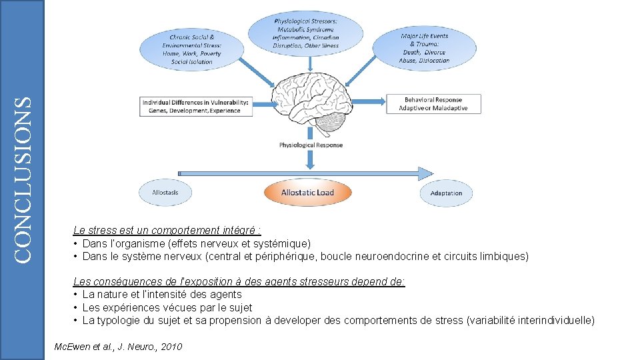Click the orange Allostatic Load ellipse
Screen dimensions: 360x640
(x=307, y=193)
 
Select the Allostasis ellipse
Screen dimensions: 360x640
(x=165, y=193)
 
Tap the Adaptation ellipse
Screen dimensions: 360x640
(x=446, y=193)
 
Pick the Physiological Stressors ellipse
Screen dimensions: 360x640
(x=305, y=33)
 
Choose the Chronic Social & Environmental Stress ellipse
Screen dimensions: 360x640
(x=191, y=49)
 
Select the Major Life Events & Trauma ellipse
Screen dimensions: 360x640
(x=424, y=48)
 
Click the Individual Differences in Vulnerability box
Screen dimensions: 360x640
(x=196, y=107)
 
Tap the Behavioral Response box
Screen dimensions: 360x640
(x=433, y=104)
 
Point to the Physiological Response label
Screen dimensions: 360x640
(x=311, y=145)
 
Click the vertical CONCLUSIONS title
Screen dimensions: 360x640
(x=23, y=179)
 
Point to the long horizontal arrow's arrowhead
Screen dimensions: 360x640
(x=425, y=174)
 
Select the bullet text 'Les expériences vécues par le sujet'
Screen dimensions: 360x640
(x=167, y=307)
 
